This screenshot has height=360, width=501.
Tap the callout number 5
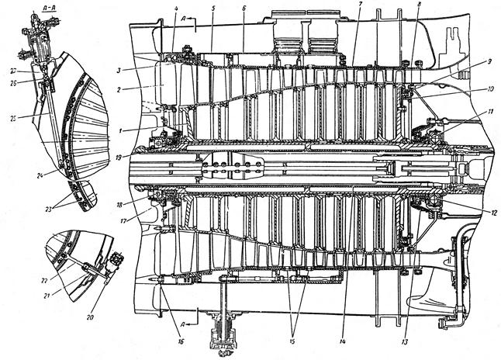pyautogui.click(x=212, y=9)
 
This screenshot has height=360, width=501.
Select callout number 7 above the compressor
pyautogui.click(x=360, y=5)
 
